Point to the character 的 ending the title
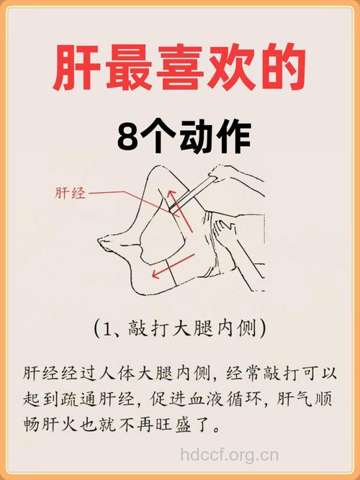tap(283, 71)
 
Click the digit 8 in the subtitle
tap(127, 136)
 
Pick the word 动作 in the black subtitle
tap(214, 136)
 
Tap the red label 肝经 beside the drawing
tap(70, 193)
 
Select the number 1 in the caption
tap(109, 330)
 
